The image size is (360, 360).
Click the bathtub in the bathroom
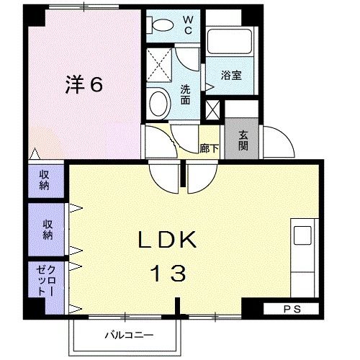point(228,44)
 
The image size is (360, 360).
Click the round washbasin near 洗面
point(157,104)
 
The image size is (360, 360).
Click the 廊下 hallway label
point(209,149)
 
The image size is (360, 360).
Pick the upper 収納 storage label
point(44,180)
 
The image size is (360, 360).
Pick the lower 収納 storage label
point(48,227)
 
